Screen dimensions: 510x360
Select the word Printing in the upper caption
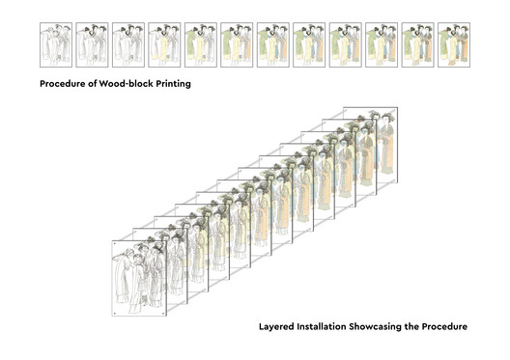point(173,84)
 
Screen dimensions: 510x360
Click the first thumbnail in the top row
point(56,44)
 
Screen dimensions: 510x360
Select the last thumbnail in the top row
point(454,44)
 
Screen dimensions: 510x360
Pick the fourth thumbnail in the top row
point(164,44)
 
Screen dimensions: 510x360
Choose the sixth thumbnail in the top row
point(237,44)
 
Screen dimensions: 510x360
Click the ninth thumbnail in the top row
point(346,44)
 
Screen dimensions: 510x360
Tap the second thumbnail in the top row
point(92,44)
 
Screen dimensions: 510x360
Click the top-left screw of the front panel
point(115,243)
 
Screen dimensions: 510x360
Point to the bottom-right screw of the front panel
point(163,314)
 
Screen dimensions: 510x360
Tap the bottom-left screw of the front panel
point(115,314)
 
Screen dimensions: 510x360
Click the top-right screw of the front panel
point(163,243)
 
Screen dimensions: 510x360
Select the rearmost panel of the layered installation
point(387,145)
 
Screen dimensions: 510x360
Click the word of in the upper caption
point(93,84)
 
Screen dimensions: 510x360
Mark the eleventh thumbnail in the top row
point(417,44)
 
